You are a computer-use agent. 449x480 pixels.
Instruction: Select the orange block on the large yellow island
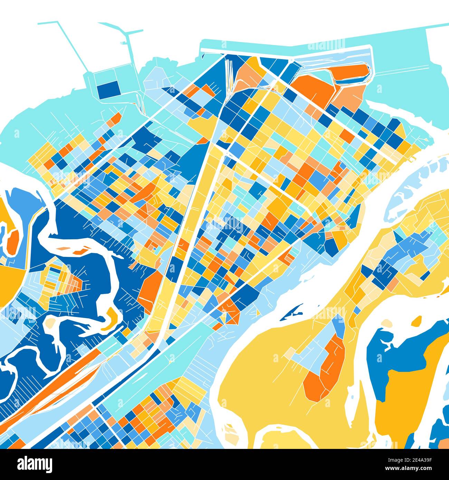pos(326,369)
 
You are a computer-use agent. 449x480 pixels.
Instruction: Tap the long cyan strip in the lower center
pos(155,373)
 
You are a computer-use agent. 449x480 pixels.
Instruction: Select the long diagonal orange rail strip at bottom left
pos(52,390)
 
